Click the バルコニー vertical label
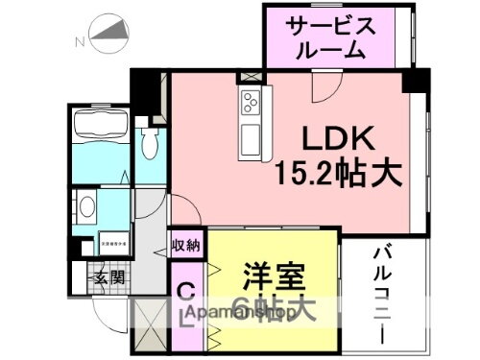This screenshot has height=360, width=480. tap(378, 294)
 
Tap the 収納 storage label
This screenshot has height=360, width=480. tap(186, 245)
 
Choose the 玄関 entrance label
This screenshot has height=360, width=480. tap(108, 278)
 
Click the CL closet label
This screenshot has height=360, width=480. tap(187, 302)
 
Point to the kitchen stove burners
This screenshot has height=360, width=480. tap(252, 101)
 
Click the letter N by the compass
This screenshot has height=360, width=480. tap(80, 41)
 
